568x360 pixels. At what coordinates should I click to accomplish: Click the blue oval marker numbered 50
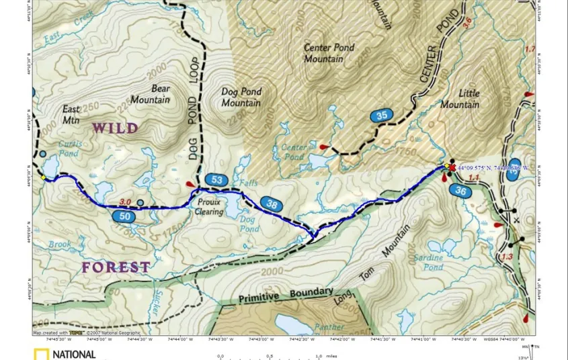pos(125,216)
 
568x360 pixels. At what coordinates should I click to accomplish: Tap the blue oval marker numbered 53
pos(216,180)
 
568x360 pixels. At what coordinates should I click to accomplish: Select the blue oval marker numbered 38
pos(270,204)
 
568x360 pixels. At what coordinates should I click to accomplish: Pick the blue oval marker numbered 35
pos(382,116)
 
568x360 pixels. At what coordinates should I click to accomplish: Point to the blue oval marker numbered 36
pos(460,191)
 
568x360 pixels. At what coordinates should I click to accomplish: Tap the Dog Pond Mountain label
pos(241,97)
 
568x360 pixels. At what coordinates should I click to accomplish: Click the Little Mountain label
pos(460,99)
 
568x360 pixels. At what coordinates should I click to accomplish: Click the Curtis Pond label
pos(70,148)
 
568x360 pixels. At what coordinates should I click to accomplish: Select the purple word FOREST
pos(116,267)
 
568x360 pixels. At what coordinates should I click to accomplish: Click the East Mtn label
pos(71,114)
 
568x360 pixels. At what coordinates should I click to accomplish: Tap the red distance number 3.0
pos(124,202)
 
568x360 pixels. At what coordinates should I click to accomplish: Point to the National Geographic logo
pos(65,354)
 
